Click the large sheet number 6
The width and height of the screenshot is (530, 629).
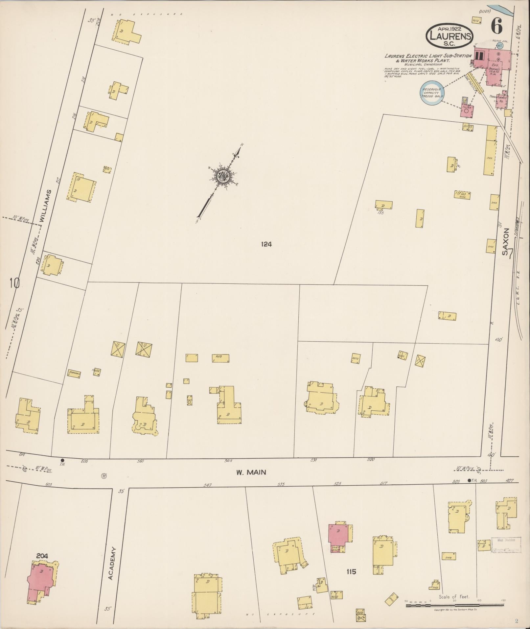pyautogui.click(x=496, y=26)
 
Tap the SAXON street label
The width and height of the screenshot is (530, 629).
pyautogui.click(x=506, y=242)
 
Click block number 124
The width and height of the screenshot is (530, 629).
pyautogui.click(x=266, y=244)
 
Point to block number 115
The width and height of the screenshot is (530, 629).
pyautogui.click(x=351, y=572)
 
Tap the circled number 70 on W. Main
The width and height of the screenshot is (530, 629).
pyautogui.click(x=104, y=475)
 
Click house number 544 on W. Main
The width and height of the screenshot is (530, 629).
pyautogui.click(x=228, y=461)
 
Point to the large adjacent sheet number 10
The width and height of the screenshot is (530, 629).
pyautogui.click(x=15, y=282)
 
